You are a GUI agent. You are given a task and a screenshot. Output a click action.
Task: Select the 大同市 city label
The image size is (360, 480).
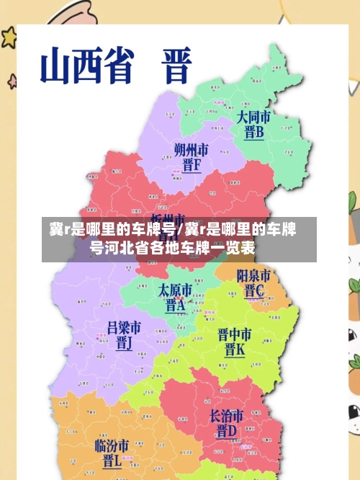[x=254, y=117]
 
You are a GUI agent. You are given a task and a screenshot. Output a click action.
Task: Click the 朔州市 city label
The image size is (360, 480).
[x=192, y=150]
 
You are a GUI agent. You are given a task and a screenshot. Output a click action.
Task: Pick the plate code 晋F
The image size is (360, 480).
[x=192, y=166]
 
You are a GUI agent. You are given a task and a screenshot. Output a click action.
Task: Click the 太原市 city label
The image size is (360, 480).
[x=176, y=290]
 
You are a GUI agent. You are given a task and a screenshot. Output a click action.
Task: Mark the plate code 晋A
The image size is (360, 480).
[x=176, y=306]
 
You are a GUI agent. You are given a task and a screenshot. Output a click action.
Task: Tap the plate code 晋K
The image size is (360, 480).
[x=235, y=351]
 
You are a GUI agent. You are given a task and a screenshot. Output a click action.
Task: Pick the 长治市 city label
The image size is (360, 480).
[x=227, y=416]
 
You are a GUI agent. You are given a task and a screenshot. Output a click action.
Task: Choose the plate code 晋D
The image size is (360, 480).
[x=227, y=432]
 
